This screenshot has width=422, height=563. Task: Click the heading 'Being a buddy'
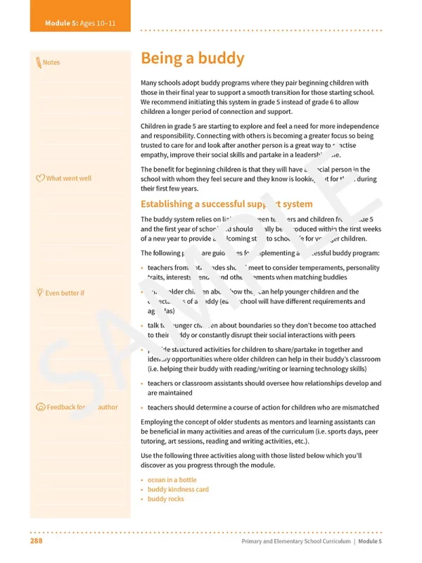(192, 58)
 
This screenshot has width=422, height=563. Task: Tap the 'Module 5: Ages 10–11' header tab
(80, 23)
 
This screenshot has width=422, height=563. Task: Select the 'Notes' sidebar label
(51, 63)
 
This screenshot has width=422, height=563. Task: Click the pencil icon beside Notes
(38, 63)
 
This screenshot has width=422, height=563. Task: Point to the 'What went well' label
(68, 178)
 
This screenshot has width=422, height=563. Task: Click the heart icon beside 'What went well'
(40, 178)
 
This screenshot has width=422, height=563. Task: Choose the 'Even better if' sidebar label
(65, 293)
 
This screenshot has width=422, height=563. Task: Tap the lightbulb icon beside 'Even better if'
(39, 293)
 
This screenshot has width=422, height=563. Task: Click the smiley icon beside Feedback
(40, 407)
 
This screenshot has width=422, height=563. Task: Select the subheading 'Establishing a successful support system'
(226, 204)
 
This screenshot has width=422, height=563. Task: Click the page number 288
(37, 541)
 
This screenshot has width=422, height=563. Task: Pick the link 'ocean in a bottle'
(172, 480)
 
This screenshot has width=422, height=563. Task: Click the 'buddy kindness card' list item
(178, 489)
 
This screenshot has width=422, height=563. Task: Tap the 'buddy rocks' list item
(165, 499)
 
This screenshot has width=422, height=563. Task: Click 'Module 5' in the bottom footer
(369, 541)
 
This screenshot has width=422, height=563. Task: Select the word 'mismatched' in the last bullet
(359, 407)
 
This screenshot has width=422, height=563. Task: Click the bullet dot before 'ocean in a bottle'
(143, 481)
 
